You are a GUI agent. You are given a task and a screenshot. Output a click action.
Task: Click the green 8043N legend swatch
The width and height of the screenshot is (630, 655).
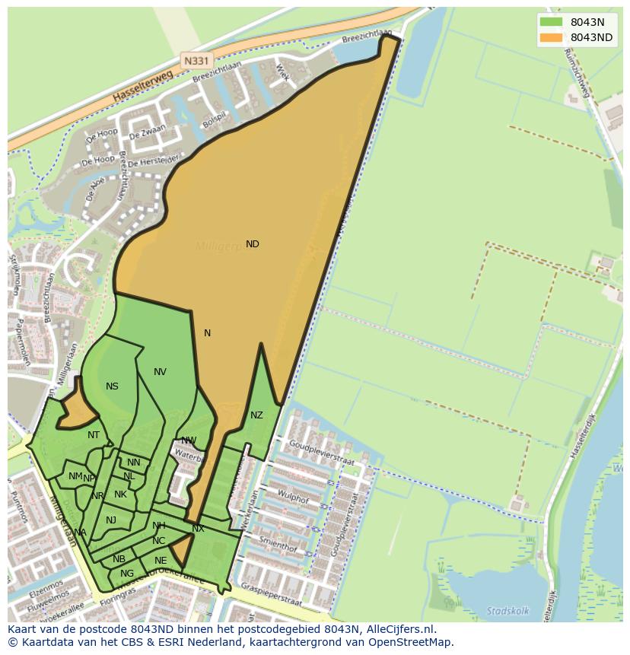click(x=550, y=22)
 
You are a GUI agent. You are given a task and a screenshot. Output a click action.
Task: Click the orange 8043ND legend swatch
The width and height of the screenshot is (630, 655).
click(x=550, y=38)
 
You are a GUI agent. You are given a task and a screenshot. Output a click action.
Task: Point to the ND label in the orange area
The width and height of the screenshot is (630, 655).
click(x=253, y=244)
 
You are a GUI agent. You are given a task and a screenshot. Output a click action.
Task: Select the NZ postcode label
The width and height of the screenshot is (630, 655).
click(x=256, y=415)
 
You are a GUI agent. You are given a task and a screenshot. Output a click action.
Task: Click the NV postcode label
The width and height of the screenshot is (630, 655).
click(x=160, y=372)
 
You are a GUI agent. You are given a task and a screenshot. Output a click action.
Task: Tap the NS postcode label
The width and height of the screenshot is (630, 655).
click(x=112, y=386)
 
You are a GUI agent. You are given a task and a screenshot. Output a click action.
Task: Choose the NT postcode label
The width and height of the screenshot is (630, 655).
click(x=94, y=435)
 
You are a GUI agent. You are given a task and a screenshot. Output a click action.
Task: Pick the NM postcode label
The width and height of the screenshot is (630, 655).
click(x=75, y=476)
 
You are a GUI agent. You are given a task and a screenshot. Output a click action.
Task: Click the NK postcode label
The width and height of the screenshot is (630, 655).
click(x=120, y=494)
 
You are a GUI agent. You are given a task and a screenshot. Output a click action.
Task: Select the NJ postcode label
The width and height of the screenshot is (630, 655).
click(x=111, y=520)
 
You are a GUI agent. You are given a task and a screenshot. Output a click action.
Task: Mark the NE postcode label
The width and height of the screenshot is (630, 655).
click(x=161, y=561)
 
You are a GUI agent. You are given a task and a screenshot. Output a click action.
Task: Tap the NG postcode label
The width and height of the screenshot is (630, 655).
click(x=127, y=574)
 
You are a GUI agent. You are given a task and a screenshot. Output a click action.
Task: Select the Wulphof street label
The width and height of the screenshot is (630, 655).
click(x=294, y=501)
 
